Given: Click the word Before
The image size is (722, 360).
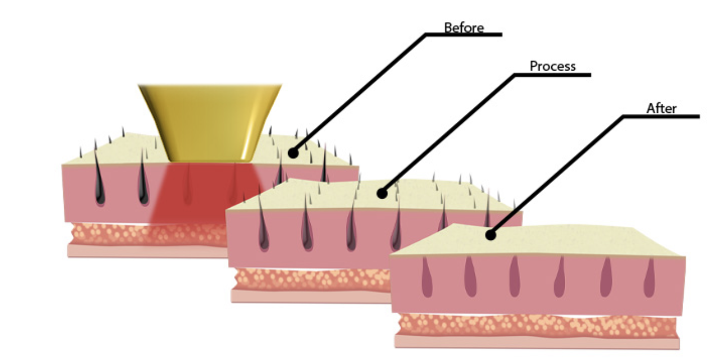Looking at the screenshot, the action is pyautogui.click(x=464, y=27).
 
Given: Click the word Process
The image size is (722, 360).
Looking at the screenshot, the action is pyautogui.click(x=552, y=66).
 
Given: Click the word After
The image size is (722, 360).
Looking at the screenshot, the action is pyautogui.click(x=661, y=108).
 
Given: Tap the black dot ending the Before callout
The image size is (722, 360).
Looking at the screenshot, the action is pyautogui.click(x=293, y=152).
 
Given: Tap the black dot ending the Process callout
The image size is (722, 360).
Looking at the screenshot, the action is pyautogui.click(x=382, y=194).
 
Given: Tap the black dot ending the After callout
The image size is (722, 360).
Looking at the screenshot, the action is pyautogui.click(x=491, y=235).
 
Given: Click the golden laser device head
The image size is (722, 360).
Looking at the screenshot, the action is pyautogui.click(x=209, y=121).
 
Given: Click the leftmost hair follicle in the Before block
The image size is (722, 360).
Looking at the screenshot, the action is pyautogui.click(x=99, y=183).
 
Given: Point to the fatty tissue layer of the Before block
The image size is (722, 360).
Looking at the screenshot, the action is pyautogui.click(x=141, y=232).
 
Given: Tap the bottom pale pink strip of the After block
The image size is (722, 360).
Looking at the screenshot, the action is pyautogui.click(x=536, y=341).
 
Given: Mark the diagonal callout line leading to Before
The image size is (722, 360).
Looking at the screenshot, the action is pyautogui.click(x=361, y=90).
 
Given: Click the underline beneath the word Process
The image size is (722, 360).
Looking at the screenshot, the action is pyautogui.click(x=552, y=74).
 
